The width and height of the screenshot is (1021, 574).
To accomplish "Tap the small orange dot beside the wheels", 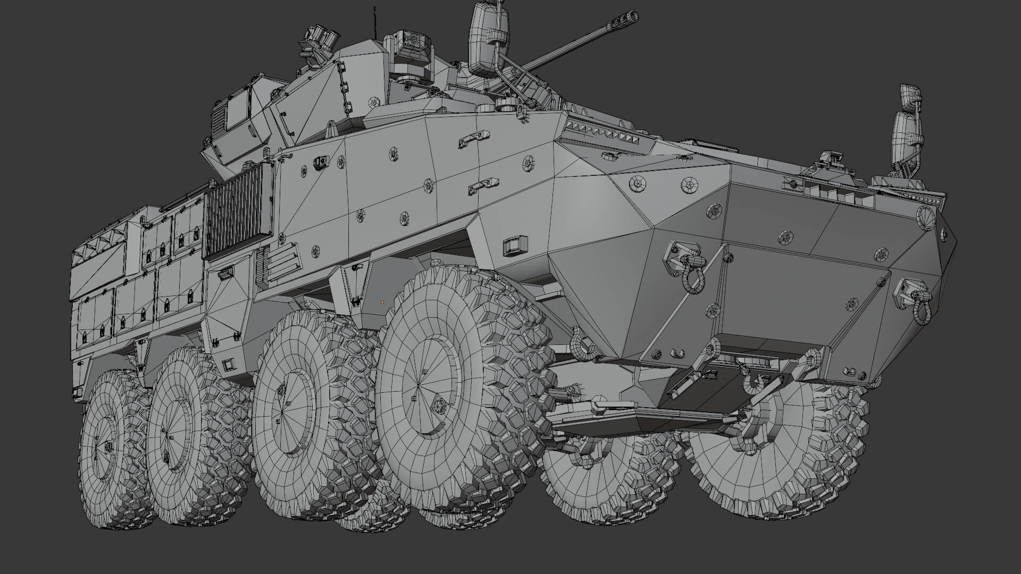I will coord(382,302).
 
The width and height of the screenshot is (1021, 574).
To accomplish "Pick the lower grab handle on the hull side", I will coord(481,186).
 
